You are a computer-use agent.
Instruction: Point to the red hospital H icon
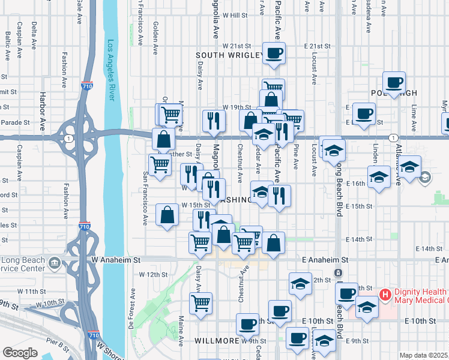tap(385, 295)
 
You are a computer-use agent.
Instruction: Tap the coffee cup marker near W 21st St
tap(274, 53)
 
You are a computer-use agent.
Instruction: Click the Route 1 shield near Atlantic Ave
tap(391, 137)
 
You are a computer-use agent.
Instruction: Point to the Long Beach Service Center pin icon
tap(55, 262)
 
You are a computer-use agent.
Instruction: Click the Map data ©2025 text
tap(423, 355)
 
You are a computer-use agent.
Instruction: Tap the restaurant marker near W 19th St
tap(214, 121)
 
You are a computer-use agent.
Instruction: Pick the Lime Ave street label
tap(414, 118)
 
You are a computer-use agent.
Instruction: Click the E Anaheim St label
tap(325, 260)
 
